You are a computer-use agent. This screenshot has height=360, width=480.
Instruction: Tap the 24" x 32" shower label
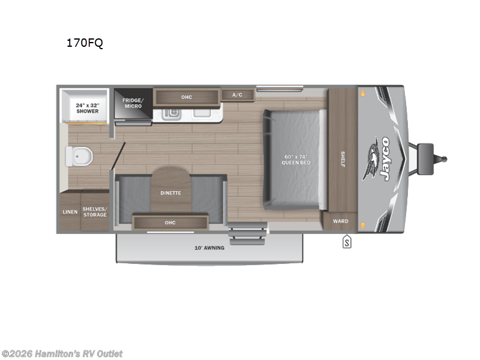click(x=87, y=108)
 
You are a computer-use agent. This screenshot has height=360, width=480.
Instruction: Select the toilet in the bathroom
click(x=80, y=157)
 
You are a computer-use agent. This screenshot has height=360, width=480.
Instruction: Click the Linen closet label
click(x=70, y=212)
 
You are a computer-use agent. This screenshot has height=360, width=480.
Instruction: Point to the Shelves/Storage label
click(x=95, y=212)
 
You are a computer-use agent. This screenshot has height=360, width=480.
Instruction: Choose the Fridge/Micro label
click(x=133, y=103)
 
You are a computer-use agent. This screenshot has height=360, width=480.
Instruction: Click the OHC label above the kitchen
click(x=187, y=97)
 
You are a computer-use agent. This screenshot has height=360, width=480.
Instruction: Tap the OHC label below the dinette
click(x=170, y=223)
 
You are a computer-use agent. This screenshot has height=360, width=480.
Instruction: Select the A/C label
click(x=237, y=95)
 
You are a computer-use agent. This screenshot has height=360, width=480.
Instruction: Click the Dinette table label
click(x=170, y=193)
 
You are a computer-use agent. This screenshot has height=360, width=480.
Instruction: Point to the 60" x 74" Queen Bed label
click(x=297, y=160)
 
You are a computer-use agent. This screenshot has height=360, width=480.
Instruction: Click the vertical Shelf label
click(x=343, y=159)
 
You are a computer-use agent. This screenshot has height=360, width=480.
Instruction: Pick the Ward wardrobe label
click(x=340, y=221)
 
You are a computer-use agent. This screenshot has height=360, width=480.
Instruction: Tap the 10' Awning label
click(x=209, y=248)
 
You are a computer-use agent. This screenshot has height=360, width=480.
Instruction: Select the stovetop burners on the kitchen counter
click(x=172, y=112)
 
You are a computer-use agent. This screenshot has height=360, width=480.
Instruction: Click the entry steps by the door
click(x=248, y=232)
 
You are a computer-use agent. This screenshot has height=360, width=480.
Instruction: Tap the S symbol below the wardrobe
click(x=347, y=242)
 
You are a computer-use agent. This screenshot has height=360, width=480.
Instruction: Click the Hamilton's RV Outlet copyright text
click(x=62, y=354)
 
